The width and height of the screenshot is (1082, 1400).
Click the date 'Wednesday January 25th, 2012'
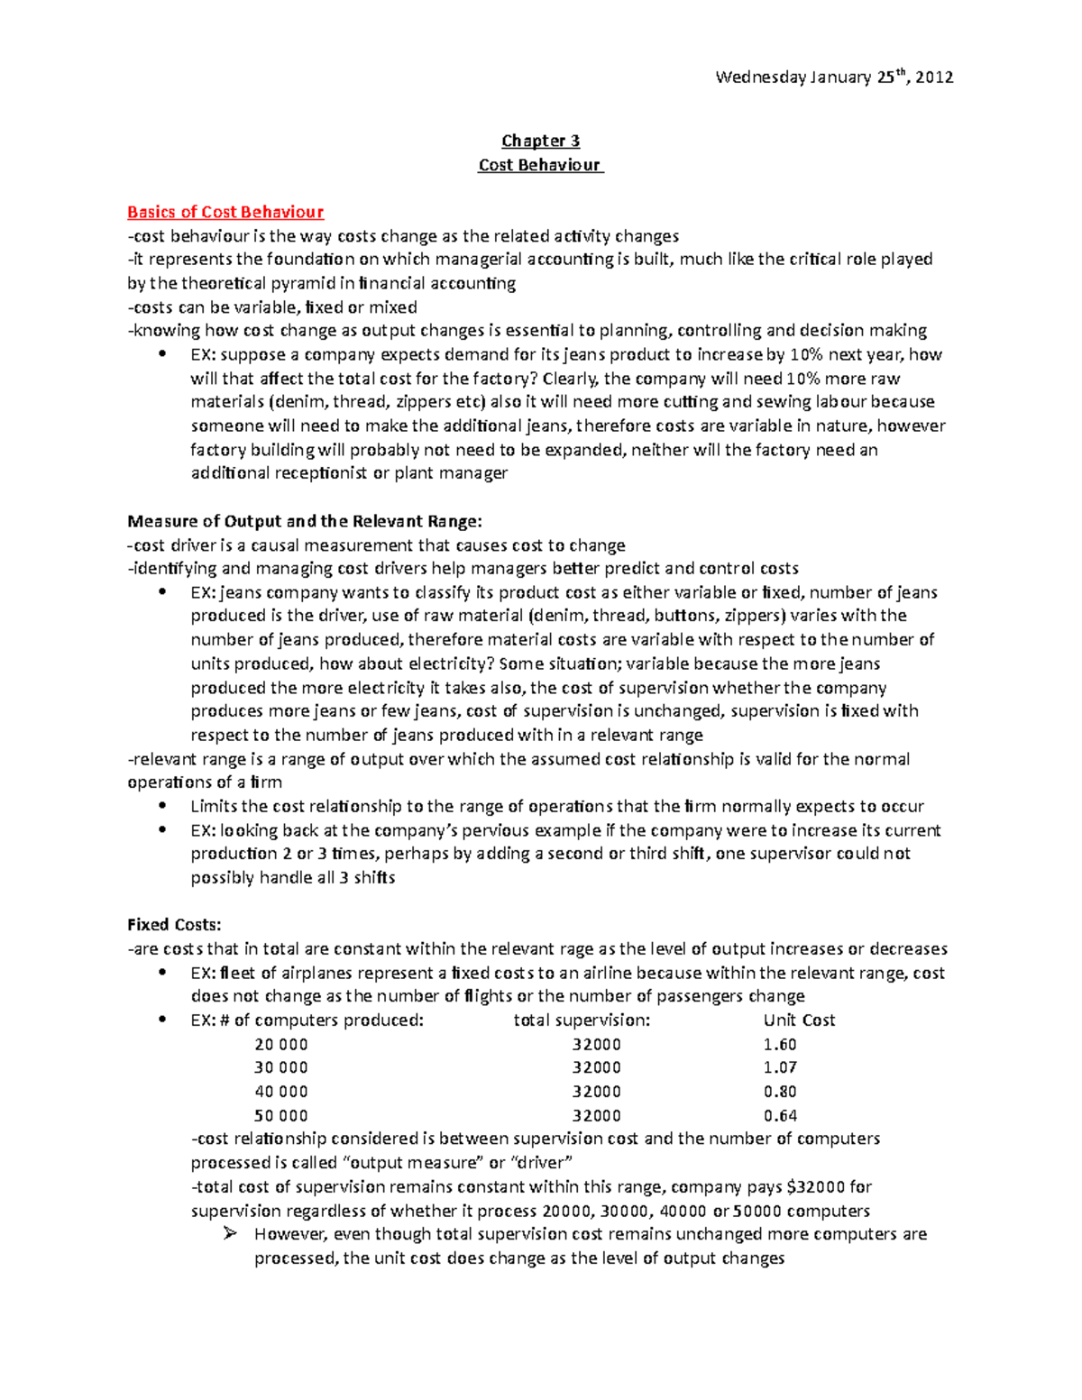point(834,78)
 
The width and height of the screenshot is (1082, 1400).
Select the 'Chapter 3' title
point(540,141)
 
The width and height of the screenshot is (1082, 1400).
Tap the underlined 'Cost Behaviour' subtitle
point(540,165)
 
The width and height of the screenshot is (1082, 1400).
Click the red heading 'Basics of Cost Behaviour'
point(225,212)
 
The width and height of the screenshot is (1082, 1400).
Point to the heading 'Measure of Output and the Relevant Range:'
point(305,521)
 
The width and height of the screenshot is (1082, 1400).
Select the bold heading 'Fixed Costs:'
point(174,925)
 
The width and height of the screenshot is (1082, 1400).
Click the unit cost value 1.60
point(780,1044)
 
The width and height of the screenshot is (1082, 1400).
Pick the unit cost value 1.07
point(780,1067)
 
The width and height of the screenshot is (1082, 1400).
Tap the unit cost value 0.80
point(780,1092)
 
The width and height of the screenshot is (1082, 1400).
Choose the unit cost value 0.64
point(780,1115)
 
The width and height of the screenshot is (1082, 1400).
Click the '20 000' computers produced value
point(281,1044)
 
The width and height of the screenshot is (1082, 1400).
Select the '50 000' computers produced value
point(281,1115)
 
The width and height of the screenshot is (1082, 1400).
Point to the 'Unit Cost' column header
point(799,1020)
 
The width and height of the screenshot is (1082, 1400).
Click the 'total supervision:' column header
point(582,1020)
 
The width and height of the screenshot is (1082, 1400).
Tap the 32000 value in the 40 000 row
point(596,1092)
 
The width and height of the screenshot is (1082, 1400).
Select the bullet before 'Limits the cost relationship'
point(162,806)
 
